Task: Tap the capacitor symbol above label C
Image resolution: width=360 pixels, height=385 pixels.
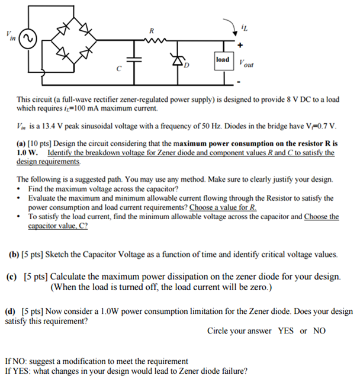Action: coord(135,59)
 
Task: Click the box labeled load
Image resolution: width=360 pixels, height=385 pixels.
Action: coord(223,60)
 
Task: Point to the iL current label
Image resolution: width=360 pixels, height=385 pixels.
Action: coord(245,27)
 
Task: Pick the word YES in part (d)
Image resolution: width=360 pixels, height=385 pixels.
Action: coord(286,331)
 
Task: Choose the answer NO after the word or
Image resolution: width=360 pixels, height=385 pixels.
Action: coord(319,331)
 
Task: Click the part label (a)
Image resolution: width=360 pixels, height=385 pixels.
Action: coord(22,143)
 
